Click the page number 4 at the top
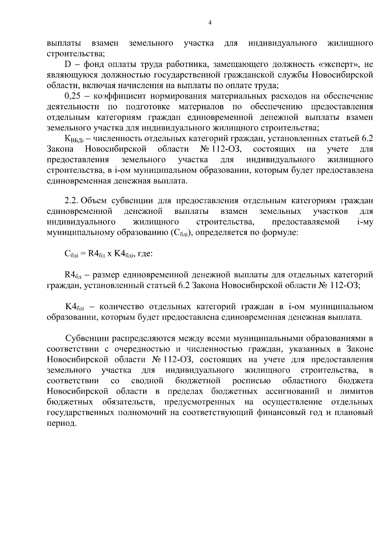pos(210,23)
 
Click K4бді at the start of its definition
pos(75,307)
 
